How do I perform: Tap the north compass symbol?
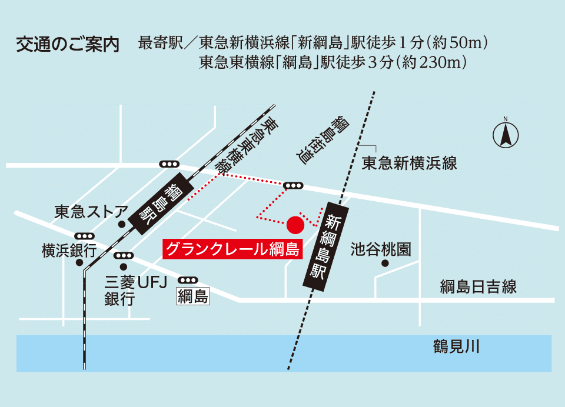[505, 134]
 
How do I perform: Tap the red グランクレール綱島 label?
[232, 249]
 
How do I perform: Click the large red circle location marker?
[295, 224]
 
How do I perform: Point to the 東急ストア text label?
[91, 211]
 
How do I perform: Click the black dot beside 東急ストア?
[121, 224]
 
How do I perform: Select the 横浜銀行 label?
[69, 251]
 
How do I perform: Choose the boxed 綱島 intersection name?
[193, 296]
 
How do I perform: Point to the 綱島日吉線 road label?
[478, 287]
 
